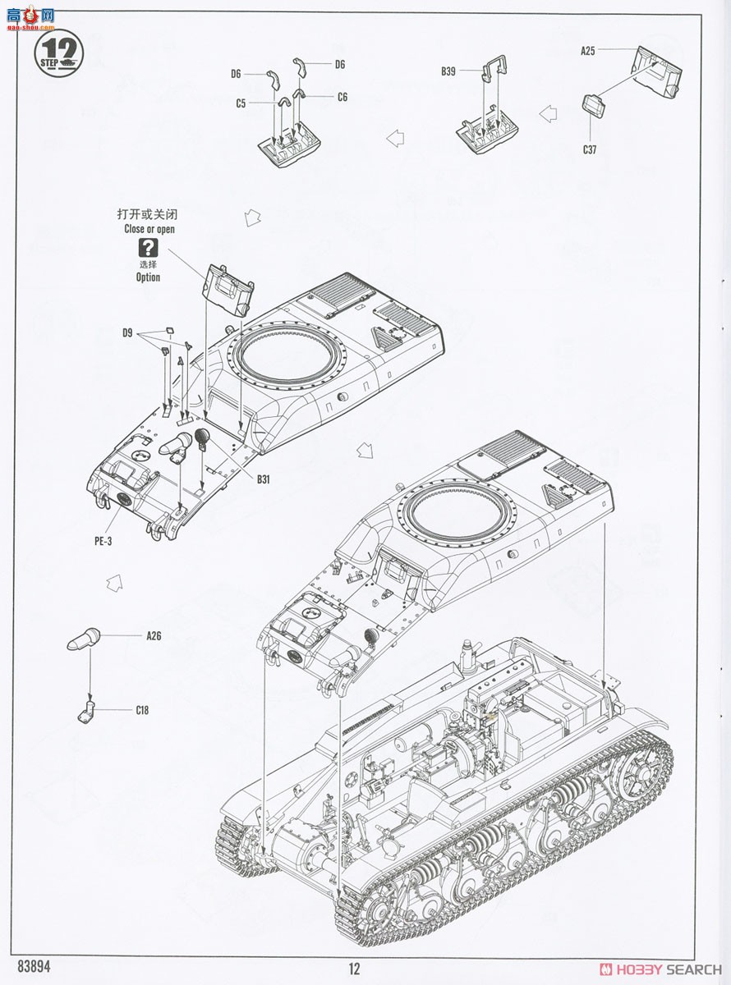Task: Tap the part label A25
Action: [x=587, y=51]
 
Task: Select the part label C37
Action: [x=590, y=149]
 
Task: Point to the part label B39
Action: [x=448, y=72]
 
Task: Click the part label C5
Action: [x=241, y=103]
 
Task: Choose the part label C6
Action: [x=342, y=97]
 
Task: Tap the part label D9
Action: [x=127, y=332]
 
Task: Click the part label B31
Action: [x=263, y=479]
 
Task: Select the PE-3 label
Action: [x=103, y=541]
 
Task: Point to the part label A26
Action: [x=154, y=636]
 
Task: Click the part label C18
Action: [x=143, y=711]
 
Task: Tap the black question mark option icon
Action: [x=148, y=248]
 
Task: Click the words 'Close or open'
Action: [x=149, y=230]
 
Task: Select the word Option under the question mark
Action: [x=148, y=277]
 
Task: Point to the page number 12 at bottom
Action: [x=354, y=969]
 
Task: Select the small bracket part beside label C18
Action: [x=87, y=711]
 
